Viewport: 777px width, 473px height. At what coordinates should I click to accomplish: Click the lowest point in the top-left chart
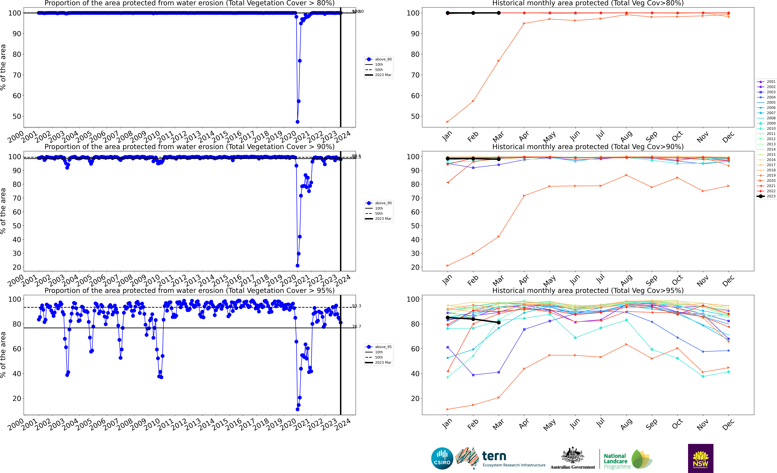tap(297, 122)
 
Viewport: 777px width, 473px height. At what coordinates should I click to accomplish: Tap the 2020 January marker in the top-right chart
tap(447, 122)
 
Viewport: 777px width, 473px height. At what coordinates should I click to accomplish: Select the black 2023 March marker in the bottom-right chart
tap(499, 322)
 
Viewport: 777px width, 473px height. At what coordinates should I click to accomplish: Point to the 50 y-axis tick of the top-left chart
tap(17, 116)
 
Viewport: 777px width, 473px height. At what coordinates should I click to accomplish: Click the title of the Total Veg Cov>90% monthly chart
tap(588, 147)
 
